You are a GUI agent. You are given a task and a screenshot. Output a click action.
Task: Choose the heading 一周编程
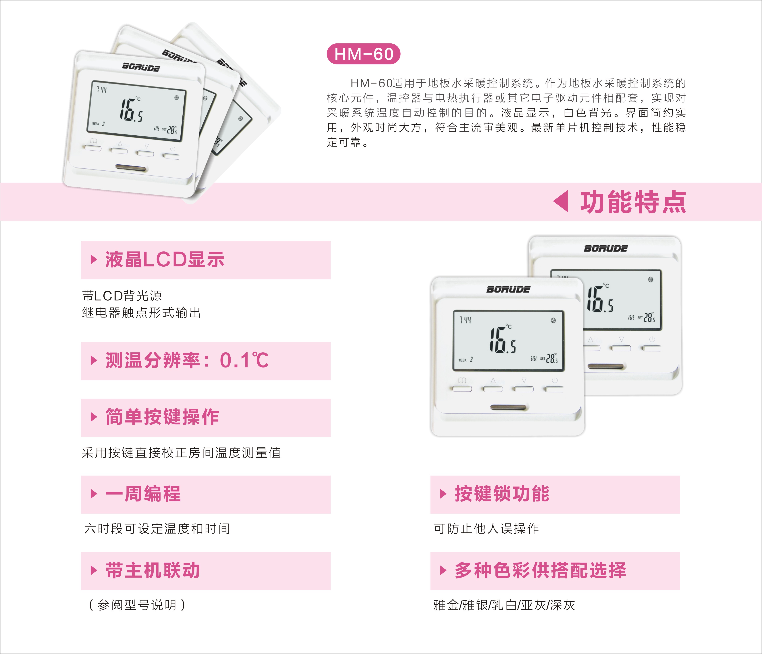click(x=143, y=494)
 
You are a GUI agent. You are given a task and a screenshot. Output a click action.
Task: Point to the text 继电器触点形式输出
click(x=141, y=313)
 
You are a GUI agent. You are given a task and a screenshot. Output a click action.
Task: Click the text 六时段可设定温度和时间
click(x=157, y=529)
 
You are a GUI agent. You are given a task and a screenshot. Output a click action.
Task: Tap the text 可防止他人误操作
click(x=486, y=529)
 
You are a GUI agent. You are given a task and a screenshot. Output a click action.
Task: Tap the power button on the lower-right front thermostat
click(x=554, y=388)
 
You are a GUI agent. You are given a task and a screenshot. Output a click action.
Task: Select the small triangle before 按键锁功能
click(x=443, y=494)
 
